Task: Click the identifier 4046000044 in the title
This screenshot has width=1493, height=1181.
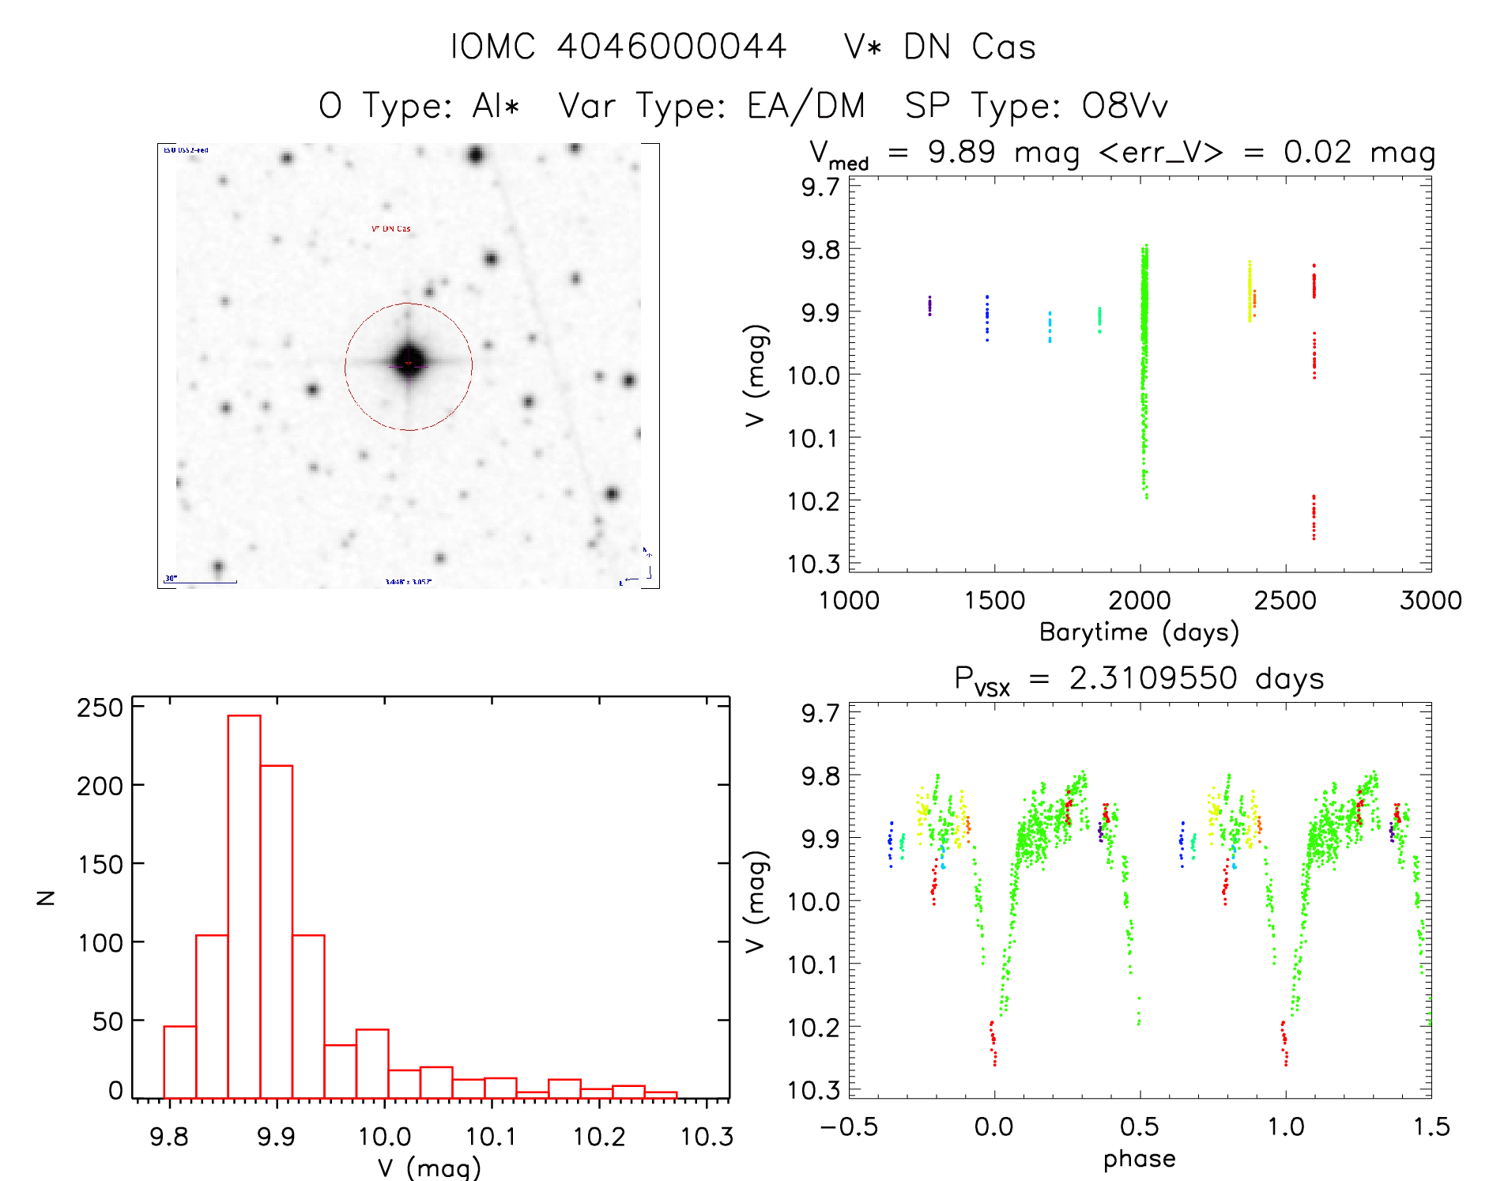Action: (x=671, y=46)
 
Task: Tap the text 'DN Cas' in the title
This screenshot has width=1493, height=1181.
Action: (x=969, y=47)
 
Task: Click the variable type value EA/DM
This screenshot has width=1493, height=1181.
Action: (x=805, y=106)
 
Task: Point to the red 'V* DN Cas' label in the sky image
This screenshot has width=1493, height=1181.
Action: (x=391, y=228)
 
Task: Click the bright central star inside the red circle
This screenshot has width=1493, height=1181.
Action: (x=409, y=363)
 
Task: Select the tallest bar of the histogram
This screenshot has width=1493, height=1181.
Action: (x=244, y=906)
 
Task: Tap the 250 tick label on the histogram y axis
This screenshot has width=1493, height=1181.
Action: (x=100, y=707)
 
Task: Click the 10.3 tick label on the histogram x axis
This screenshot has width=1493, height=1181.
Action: (x=707, y=1137)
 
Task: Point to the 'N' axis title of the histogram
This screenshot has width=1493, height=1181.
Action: (x=46, y=897)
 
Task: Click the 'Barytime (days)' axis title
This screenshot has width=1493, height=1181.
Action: (x=1139, y=632)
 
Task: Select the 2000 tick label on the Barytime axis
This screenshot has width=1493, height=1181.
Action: (x=1139, y=601)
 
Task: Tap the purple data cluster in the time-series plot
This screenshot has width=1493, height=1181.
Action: (x=929, y=306)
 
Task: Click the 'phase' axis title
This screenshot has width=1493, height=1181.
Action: (x=1139, y=1159)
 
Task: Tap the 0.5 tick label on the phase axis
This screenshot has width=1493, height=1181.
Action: (x=1139, y=1126)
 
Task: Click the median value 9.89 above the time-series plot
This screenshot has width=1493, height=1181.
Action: (x=961, y=152)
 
